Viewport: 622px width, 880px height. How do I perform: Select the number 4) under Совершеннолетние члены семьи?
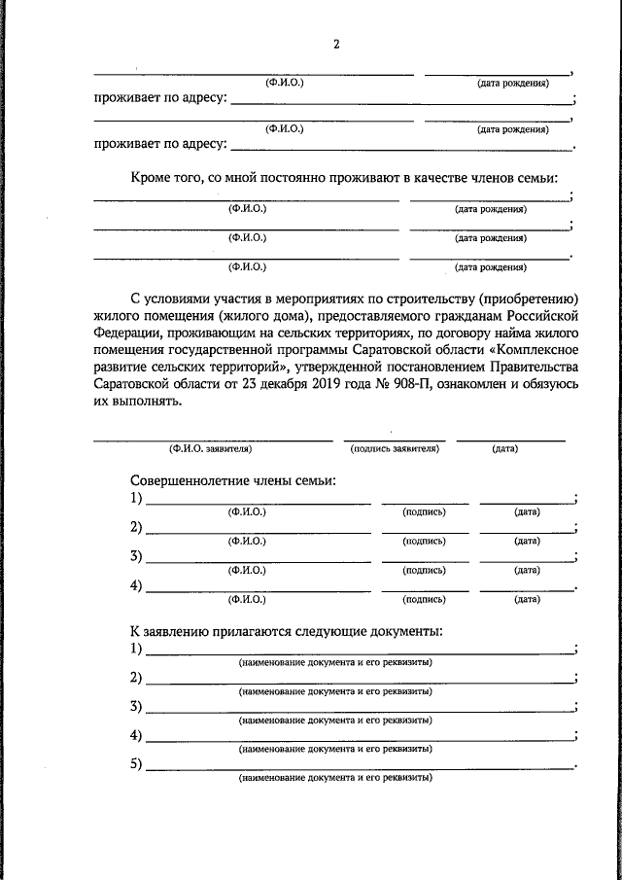point(136,585)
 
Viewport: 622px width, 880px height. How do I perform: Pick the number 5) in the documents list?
point(136,763)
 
